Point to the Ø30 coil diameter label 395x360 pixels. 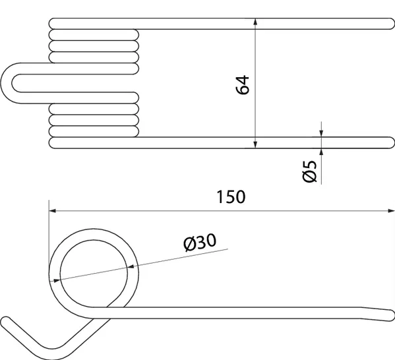[200, 243]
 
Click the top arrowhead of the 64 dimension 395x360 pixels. [256, 24]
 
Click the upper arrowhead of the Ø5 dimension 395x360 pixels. [321, 133]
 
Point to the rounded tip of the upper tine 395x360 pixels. [388, 24]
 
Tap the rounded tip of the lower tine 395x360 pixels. [388, 142]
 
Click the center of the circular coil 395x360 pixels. [93, 270]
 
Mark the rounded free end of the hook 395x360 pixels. [7, 322]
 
